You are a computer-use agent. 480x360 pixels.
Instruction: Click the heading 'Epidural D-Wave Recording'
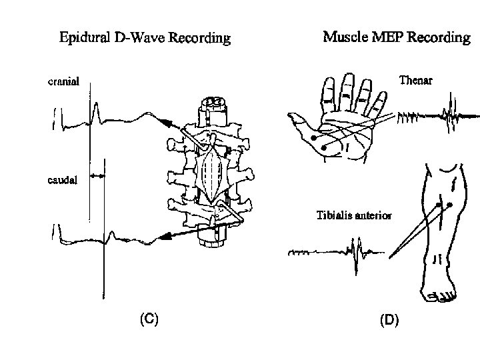tap(145, 38)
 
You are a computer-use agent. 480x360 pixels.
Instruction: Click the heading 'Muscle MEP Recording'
tap(396, 37)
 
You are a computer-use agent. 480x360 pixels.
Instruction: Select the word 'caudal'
tap(62, 179)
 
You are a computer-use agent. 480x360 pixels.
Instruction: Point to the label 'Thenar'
tap(416, 81)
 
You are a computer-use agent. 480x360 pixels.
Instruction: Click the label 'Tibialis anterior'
tap(353, 215)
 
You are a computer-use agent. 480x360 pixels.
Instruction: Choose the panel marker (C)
tap(148, 319)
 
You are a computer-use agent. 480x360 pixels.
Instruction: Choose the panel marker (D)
tap(389, 321)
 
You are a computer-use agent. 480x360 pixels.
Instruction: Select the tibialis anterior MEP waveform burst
tap(354, 256)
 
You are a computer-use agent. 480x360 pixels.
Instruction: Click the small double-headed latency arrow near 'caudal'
tap(97, 175)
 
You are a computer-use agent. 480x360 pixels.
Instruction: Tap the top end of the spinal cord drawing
tap(213, 102)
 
